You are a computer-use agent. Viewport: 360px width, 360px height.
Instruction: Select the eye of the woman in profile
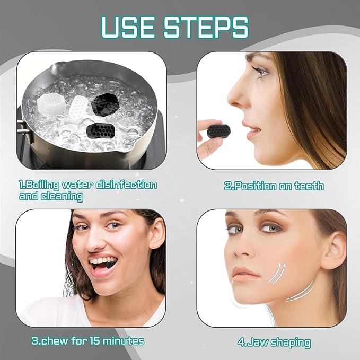pos(261,72)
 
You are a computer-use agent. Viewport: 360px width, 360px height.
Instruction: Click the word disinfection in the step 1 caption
pos(123,185)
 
